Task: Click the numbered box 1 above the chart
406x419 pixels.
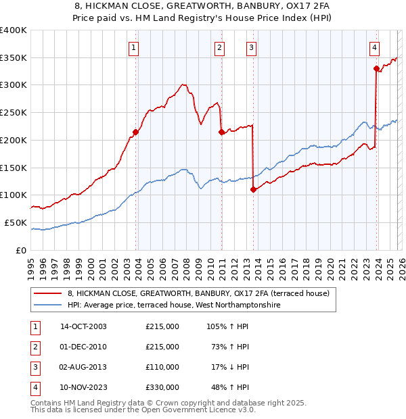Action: coord(134,47)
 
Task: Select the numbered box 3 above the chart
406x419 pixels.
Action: coord(251,47)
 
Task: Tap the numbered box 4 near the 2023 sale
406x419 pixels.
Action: coord(374,47)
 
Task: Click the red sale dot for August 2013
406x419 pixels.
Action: coord(253,189)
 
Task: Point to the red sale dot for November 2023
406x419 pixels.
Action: coord(376,68)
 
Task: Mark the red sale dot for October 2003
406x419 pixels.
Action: coord(135,132)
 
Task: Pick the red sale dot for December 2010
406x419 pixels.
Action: coord(221,132)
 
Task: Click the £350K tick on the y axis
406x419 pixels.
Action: coord(14,58)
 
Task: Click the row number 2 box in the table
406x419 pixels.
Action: coord(35,347)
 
